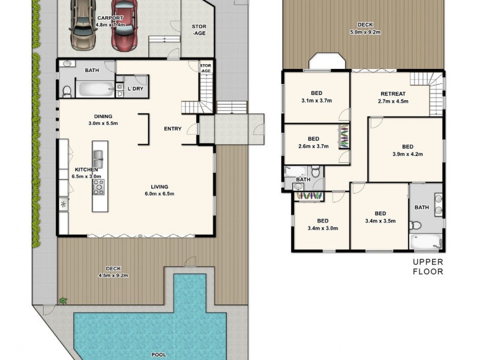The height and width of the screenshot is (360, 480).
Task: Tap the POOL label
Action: [158, 355]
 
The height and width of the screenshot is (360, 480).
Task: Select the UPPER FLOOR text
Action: [427, 266]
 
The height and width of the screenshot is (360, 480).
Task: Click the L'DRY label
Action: [136, 89]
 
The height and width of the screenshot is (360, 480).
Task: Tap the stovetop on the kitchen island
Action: [98, 187]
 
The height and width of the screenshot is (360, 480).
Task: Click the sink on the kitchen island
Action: [98, 158]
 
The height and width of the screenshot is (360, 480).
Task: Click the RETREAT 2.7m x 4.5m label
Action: [393, 98]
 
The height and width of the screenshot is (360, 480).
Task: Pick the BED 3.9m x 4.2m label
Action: [407, 151]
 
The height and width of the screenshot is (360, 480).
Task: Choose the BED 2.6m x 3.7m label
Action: [313, 142]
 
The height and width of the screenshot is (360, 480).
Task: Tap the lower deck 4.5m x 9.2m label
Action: [113, 272]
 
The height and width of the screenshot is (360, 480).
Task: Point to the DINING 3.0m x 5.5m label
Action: [103, 120]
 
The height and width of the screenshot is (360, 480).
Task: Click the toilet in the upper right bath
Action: [415, 226]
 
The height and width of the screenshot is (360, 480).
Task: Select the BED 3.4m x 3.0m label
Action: [322, 224]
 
